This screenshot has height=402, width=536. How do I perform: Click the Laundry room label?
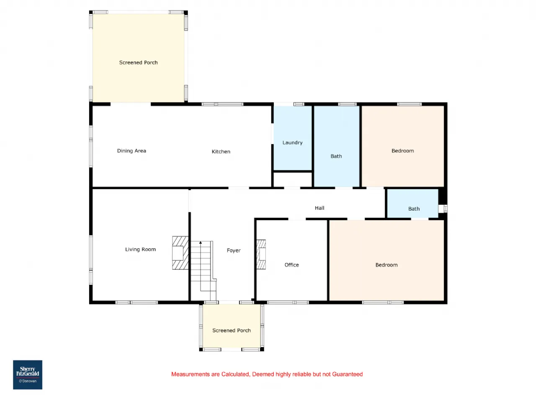[x=292, y=142]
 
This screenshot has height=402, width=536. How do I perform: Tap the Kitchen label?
[x=221, y=152]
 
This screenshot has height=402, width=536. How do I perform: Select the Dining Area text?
[x=131, y=151]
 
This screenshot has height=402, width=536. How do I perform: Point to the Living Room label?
[x=140, y=249]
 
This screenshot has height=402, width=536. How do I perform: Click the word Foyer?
[x=233, y=250]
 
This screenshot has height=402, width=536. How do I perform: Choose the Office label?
[x=291, y=265]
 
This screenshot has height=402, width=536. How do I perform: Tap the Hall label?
[x=320, y=208]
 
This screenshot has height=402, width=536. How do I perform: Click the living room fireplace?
[x=180, y=253]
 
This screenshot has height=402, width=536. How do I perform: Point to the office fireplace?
[x=261, y=254]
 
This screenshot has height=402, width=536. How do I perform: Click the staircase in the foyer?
[x=203, y=271]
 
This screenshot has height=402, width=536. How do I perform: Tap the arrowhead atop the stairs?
[x=201, y=242]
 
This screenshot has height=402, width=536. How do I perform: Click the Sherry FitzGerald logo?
[x=28, y=375]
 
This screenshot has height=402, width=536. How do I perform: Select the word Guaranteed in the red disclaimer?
[x=347, y=374]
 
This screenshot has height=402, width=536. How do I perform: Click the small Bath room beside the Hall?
[x=413, y=204]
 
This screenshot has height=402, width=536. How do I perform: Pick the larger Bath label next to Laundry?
[x=336, y=156]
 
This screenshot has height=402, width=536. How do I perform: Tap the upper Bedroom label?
[x=403, y=151]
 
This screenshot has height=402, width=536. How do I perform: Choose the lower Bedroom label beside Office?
[x=387, y=265]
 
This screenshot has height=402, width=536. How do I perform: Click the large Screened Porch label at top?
[x=138, y=62]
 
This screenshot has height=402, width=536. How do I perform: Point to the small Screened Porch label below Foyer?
[x=231, y=330]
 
